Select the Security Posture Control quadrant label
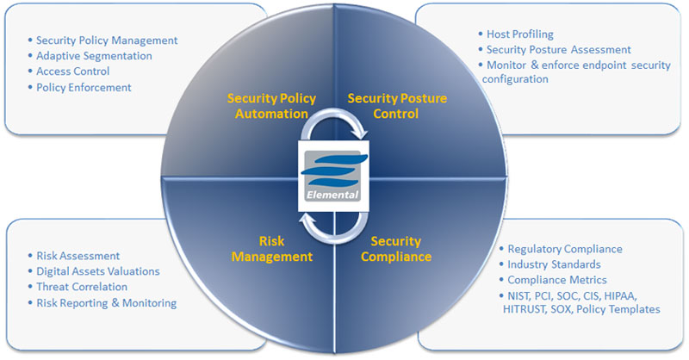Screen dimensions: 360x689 [x=397, y=106]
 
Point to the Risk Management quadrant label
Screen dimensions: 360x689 [x=274, y=249]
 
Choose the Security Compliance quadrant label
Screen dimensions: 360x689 [x=396, y=249]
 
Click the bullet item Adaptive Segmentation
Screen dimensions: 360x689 [x=94, y=56]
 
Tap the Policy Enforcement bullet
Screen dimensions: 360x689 [x=84, y=87]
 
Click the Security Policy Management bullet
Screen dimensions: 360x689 [x=107, y=40]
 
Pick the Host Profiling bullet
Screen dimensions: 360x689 [x=519, y=34]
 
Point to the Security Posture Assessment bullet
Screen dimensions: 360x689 [x=558, y=50]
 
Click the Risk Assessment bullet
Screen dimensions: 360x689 [x=78, y=256]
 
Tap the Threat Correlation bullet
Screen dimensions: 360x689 [x=82, y=287]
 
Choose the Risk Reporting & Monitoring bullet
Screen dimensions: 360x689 [x=106, y=302]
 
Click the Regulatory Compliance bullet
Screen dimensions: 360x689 [x=564, y=249]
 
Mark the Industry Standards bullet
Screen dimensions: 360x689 [x=554, y=264]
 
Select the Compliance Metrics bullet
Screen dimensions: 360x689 [x=557, y=280]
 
